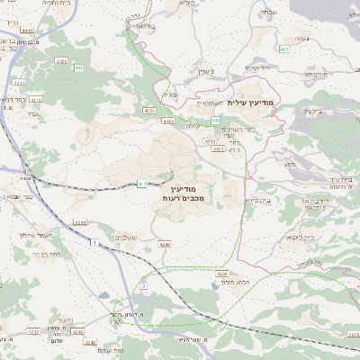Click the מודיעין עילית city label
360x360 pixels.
pos(256,103)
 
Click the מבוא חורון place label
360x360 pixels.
pos(232,283)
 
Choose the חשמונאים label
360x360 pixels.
pos(210,103)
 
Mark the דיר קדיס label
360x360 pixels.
pos(257,67)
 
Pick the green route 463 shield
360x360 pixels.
pos(283,49)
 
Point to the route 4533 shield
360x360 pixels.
pos(149,111)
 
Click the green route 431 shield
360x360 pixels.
pos(142,184)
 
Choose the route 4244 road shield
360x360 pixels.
pos(80,222)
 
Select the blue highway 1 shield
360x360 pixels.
pos(94,243)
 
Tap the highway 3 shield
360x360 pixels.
pos(142,285)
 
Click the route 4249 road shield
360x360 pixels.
pos(165,243)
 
